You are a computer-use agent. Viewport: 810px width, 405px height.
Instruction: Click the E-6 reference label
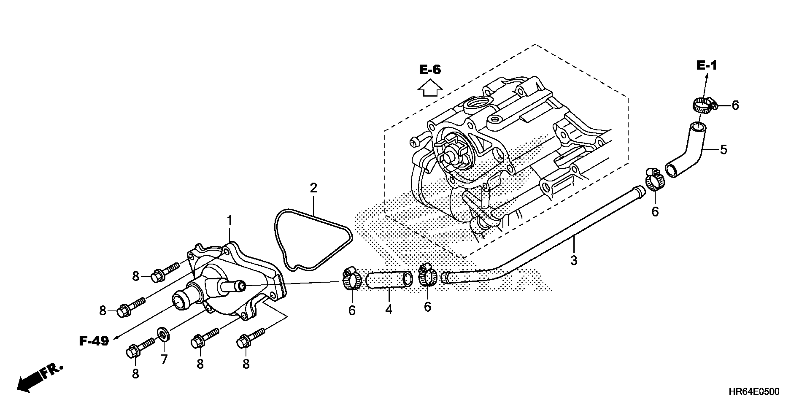tap(430, 70)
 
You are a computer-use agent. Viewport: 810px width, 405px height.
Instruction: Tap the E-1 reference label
tap(707, 66)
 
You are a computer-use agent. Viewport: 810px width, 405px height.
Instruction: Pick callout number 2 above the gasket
tap(313, 188)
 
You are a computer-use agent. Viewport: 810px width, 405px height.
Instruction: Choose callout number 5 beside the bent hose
tap(724, 150)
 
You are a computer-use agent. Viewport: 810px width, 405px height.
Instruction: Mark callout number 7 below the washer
tap(164, 359)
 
